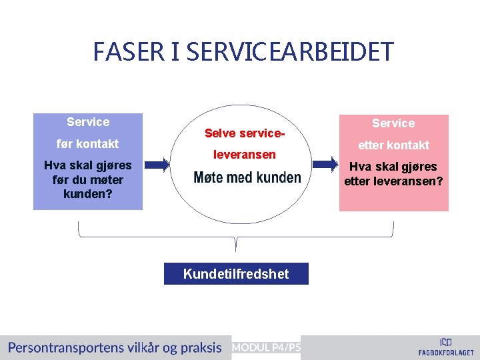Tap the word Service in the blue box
(x=88, y=122)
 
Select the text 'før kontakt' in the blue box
(x=88, y=144)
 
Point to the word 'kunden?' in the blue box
(x=87, y=193)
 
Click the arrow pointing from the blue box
(x=157, y=165)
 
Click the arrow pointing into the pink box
(x=326, y=165)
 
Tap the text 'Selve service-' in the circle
(x=245, y=133)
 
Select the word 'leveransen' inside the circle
(x=244, y=155)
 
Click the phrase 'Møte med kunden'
(x=247, y=177)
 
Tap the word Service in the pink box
(x=393, y=123)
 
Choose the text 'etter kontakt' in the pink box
(x=393, y=145)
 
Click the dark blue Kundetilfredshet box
(x=236, y=274)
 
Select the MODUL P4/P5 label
(x=266, y=347)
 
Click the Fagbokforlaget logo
(x=446, y=346)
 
